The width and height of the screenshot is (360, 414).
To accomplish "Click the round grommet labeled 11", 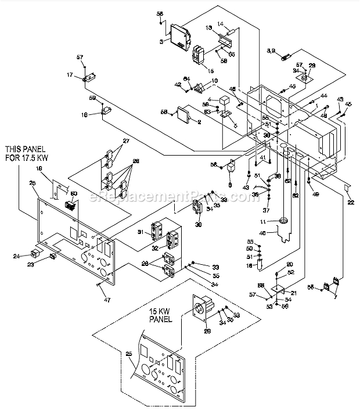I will [283, 220].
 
